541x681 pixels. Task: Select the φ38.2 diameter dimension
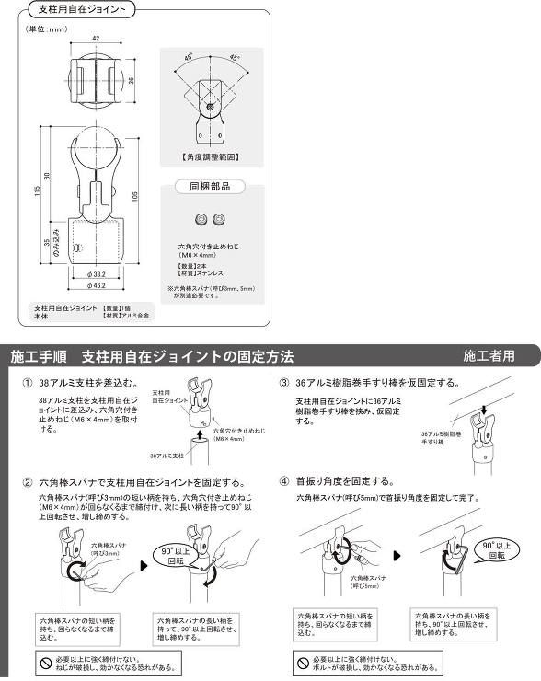97,273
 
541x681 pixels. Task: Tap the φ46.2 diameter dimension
97,286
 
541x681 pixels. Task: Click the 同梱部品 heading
211,186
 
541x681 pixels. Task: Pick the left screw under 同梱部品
201,219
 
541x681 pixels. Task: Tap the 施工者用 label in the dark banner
489,355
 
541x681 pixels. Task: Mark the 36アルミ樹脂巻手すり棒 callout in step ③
442,437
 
